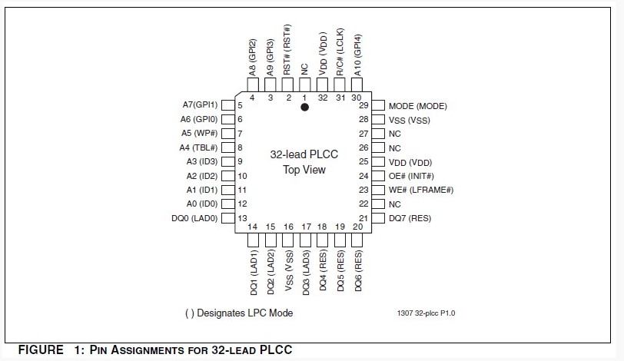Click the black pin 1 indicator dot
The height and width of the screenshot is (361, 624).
304,108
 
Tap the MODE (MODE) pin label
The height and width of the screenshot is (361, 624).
417,106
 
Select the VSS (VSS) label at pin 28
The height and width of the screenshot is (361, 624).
410,120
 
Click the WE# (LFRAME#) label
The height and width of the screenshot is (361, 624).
421,190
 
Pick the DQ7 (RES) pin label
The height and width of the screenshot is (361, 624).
410,218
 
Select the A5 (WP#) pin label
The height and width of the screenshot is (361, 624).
199,134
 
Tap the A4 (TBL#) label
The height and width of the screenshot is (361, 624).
199,147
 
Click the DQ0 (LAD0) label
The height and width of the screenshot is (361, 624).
194,218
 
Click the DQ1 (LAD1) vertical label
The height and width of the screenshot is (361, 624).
252,273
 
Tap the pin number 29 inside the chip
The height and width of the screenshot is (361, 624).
363,105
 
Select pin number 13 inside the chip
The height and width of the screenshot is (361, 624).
242,218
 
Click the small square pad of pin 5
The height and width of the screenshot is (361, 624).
227,105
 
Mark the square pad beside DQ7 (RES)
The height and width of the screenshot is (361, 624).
378,218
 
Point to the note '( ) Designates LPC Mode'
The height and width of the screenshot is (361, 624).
239,313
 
